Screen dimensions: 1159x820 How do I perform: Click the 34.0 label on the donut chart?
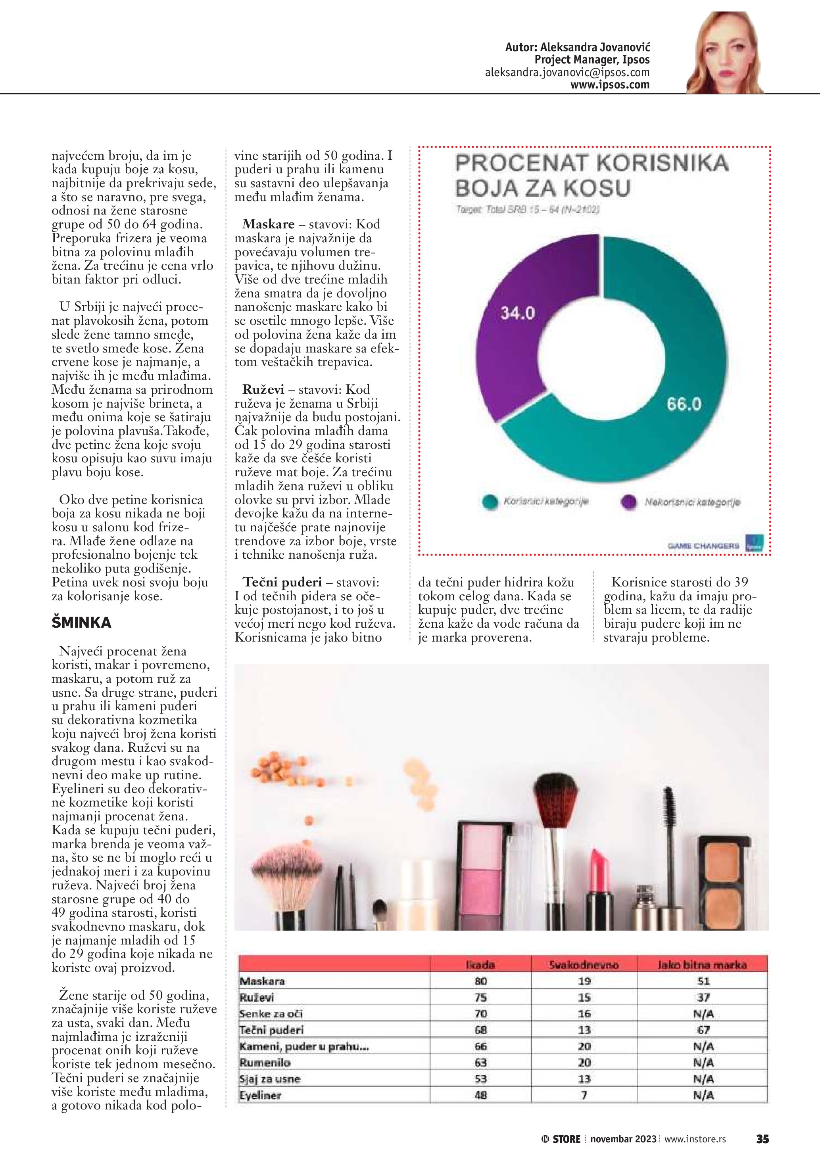coord(517,313)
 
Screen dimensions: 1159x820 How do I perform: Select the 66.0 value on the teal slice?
coord(684,404)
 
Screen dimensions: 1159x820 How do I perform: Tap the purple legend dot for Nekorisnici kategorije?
coord(628,502)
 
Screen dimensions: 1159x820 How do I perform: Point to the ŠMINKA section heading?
coord(81,623)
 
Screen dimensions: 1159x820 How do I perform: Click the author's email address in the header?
coord(567,72)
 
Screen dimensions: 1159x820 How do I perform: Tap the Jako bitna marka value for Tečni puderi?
coord(703,1030)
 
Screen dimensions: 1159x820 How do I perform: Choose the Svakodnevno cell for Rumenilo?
coord(584,1063)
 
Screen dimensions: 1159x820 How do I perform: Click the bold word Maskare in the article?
coord(268,224)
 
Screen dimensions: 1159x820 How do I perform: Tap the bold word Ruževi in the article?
coord(263,390)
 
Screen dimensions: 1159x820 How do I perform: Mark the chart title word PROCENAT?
coord(522,163)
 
